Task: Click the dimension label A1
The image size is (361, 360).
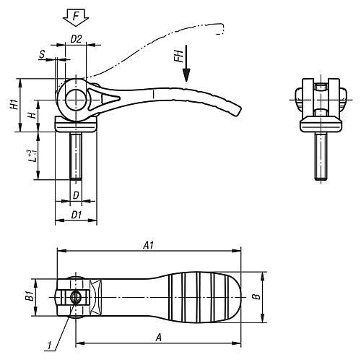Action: [x=147, y=246]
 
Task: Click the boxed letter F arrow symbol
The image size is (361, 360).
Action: [x=74, y=14]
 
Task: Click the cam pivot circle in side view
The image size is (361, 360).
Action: [x=75, y=100]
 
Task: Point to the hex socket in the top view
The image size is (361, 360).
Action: [x=73, y=296]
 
